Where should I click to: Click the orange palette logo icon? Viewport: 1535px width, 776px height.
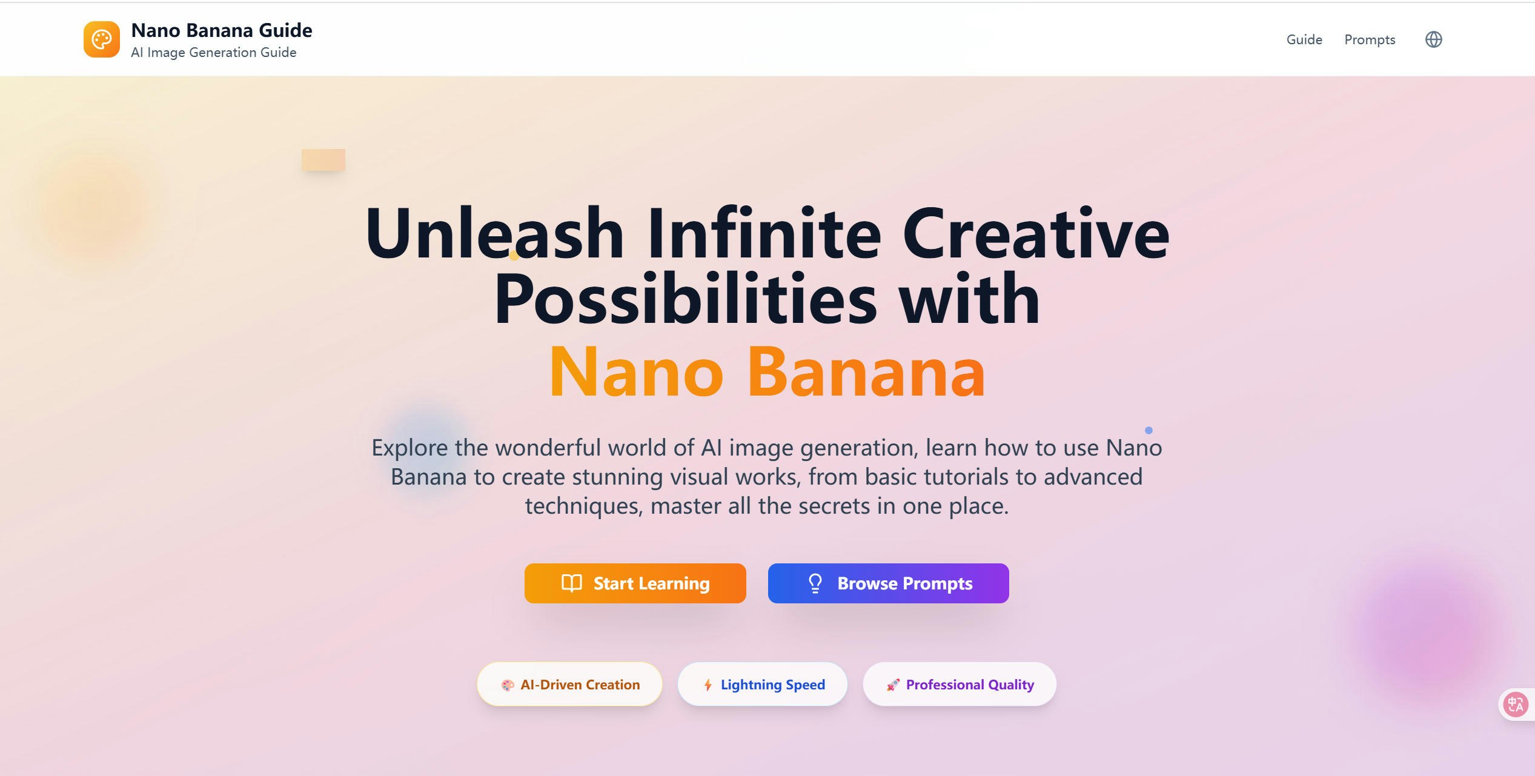101,39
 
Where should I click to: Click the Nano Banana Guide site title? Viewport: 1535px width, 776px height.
221,30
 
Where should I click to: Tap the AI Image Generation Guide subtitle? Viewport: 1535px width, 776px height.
213,53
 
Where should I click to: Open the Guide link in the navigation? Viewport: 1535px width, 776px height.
1304,40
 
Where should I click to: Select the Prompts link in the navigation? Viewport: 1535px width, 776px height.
1370,40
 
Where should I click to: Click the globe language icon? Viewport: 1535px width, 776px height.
1433,40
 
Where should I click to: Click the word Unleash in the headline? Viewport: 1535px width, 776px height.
494,233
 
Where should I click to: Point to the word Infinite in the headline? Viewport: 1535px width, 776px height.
763,233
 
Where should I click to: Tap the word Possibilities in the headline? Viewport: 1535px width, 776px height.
685,299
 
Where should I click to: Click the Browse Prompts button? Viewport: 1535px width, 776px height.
888,583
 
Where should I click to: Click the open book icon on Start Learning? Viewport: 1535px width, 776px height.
571,583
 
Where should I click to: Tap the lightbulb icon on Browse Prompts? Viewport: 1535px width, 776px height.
815,583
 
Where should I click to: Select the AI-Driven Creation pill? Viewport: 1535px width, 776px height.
569,685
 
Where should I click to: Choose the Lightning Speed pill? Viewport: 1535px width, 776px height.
762,685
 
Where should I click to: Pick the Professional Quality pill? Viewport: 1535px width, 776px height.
960,685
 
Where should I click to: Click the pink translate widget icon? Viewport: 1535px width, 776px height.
1516,705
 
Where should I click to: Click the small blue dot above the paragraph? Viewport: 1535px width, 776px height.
1149,430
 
